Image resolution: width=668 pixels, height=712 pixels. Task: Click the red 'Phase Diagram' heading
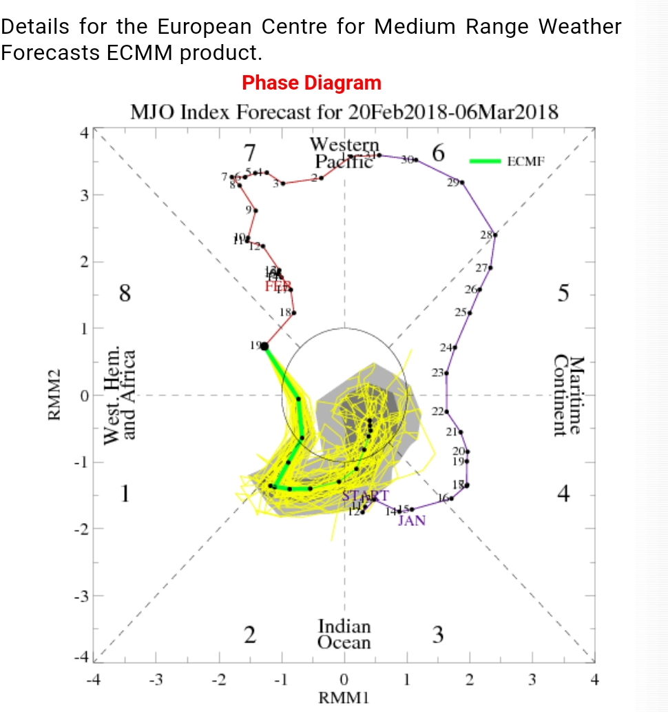click(311, 83)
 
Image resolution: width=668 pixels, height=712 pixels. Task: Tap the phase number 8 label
click(125, 294)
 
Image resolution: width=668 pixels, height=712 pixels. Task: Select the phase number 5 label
click(564, 294)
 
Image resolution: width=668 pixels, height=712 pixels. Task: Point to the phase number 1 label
click(125, 494)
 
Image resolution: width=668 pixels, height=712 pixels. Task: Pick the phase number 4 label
click(564, 494)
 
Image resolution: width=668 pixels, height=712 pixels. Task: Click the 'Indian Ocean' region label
click(344, 635)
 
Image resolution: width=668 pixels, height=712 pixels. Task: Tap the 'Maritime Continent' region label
click(569, 396)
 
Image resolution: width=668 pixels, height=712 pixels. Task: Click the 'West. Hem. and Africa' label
click(119, 396)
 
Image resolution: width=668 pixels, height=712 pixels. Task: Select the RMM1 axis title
click(344, 698)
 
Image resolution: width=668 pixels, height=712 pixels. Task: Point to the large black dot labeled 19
click(264, 345)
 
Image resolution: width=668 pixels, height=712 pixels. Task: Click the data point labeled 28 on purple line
click(495, 235)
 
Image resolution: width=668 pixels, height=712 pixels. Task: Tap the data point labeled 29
click(462, 183)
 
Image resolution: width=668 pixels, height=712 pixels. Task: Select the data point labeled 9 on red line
click(256, 211)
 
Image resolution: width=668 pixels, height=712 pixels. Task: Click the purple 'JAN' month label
click(412, 520)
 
